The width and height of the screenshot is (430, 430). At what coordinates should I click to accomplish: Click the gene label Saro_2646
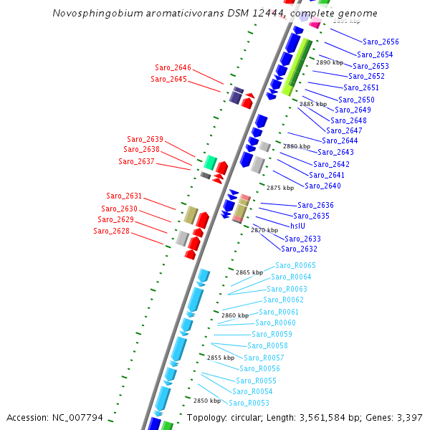click(x=173, y=67)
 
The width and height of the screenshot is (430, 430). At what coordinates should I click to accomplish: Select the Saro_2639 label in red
click(x=145, y=139)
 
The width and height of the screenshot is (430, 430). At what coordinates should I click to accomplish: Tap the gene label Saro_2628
click(x=111, y=231)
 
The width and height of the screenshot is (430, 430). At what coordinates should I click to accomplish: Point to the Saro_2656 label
click(x=381, y=42)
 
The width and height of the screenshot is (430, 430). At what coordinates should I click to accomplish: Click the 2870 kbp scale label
click(x=264, y=230)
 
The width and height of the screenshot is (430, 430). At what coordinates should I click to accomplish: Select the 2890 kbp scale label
click(x=330, y=62)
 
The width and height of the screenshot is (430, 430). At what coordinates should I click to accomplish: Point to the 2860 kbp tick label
click(x=234, y=315)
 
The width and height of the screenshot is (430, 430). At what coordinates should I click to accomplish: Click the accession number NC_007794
click(x=79, y=417)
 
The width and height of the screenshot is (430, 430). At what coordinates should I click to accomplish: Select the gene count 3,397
click(x=410, y=417)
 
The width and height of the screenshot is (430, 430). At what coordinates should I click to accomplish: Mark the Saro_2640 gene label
click(x=322, y=186)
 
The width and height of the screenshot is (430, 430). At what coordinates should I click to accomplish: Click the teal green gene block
click(x=211, y=162)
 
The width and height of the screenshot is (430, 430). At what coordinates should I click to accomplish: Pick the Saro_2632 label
click(x=299, y=249)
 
